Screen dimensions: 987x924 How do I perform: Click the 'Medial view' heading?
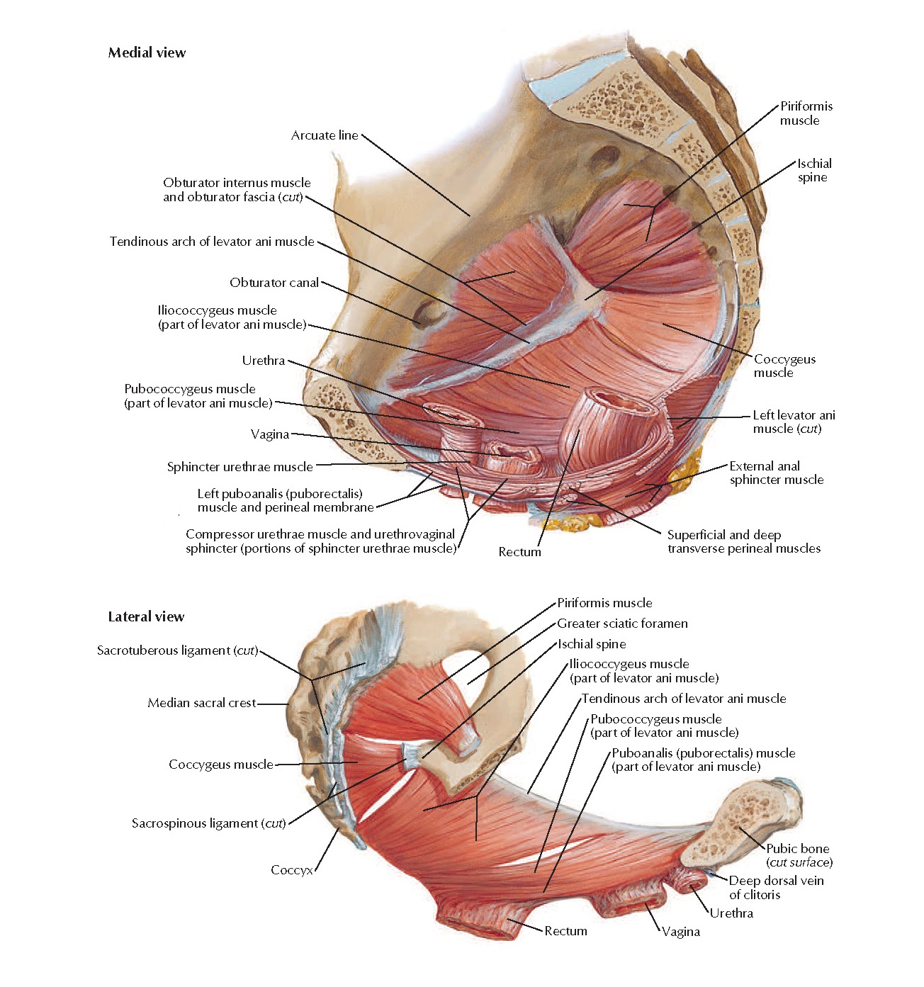[147, 52]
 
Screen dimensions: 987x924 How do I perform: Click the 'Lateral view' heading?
[146, 616]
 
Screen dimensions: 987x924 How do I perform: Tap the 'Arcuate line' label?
[325, 135]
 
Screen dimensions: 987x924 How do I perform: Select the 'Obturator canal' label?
[274, 283]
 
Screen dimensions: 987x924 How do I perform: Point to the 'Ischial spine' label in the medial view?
[813, 170]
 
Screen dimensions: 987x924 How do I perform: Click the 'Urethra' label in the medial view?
[264, 361]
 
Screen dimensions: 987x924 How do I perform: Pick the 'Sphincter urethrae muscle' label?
[240, 467]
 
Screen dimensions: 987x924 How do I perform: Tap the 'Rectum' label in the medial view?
[519, 552]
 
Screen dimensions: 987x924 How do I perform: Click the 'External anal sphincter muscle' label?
[776, 473]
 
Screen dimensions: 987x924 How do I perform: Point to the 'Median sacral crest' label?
[202, 703]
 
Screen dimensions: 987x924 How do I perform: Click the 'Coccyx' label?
[291, 869]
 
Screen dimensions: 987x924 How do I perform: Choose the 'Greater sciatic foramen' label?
[622, 624]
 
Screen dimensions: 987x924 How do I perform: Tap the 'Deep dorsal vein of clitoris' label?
[776, 887]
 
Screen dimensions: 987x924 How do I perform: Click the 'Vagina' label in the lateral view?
[681, 932]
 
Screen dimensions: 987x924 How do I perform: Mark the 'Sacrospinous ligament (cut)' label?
[208, 823]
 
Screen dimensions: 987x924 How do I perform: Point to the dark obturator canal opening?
[427, 311]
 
